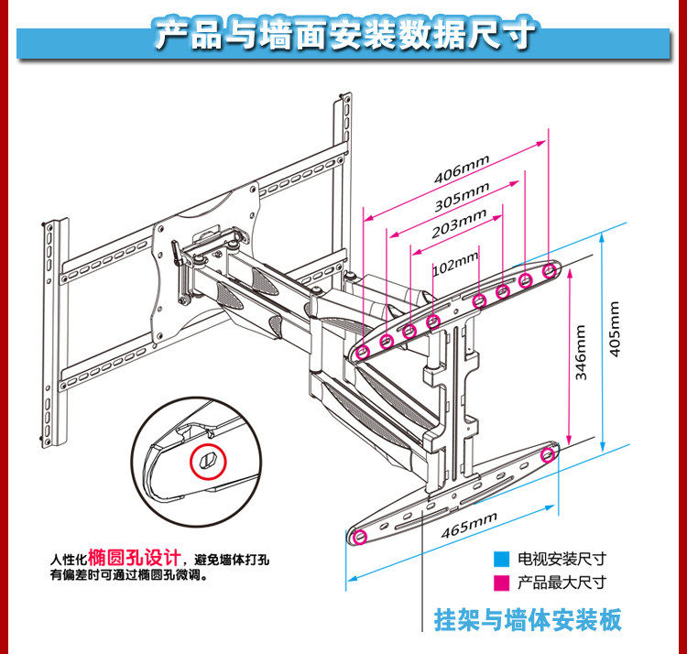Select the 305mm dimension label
[x=462, y=194]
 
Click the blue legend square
[x=500, y=558]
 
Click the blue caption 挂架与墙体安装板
[x=528, y=620]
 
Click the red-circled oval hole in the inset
[x=208, y=460]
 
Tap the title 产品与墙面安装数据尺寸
[x=343, y=37]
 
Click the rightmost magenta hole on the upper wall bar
[x=550, y=269]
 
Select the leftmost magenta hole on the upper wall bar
[x=364, y=351]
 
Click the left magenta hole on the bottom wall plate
[x=360, y=536]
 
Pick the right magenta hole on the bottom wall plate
[x=549, y=453]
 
